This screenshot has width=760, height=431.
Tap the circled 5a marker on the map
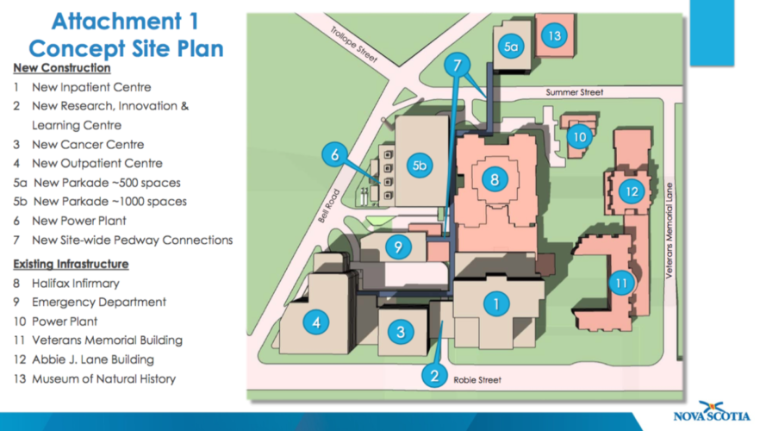click(511, 47)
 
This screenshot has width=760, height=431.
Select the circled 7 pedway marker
click(457, 65)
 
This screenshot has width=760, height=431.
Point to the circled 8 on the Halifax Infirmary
click(495, 180)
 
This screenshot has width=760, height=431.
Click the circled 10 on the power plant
click(580, 137)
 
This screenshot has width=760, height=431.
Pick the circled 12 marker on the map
click(632, 191)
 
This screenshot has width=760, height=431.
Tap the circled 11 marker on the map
click(621, 283)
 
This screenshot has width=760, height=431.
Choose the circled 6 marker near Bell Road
click(335, 154)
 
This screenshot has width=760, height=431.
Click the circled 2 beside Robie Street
click(434, 375)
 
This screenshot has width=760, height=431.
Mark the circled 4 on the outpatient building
click(316, 322)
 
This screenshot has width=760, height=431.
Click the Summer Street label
click(575, 92)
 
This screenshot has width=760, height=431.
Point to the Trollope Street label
click(354, 45)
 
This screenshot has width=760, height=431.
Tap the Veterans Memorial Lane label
click(670, 231)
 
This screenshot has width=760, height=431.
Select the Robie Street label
click(477, 380)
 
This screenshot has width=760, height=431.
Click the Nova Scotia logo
click(712, 411)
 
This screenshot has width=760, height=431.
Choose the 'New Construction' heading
click(62, 68)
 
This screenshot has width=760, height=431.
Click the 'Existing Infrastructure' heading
click(71, 265)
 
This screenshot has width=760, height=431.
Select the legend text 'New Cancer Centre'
click(88, 145)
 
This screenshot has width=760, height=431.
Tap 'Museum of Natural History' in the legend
click(103, 378)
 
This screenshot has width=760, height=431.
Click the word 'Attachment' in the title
click(117, 22)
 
